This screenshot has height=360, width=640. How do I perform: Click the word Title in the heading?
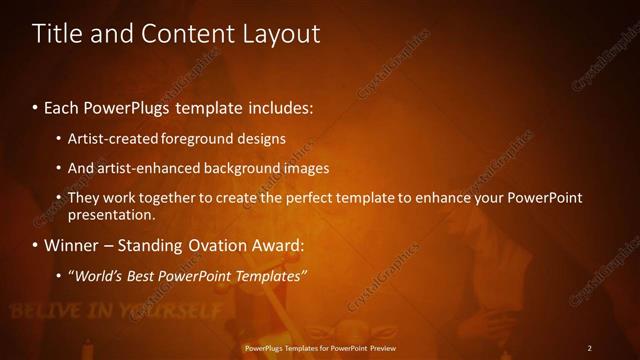(57, 33)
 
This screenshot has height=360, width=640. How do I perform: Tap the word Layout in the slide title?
(280, 33)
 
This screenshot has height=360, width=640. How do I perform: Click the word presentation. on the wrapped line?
(111, 214)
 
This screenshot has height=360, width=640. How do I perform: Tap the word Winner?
(70, 245)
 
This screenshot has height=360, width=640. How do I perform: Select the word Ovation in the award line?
(211, 245)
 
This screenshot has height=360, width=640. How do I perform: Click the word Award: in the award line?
(275, 245)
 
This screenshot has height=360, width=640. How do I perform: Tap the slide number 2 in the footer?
(589, 348)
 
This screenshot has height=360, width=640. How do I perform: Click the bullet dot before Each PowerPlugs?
(36, 107)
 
